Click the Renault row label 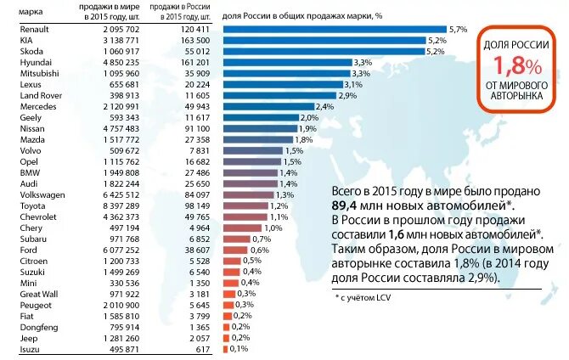click(x=20, y=30)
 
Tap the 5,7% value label click(x=459, y=29)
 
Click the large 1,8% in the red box click(x=509, y=65)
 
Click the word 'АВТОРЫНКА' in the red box click(x=510, y=98)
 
